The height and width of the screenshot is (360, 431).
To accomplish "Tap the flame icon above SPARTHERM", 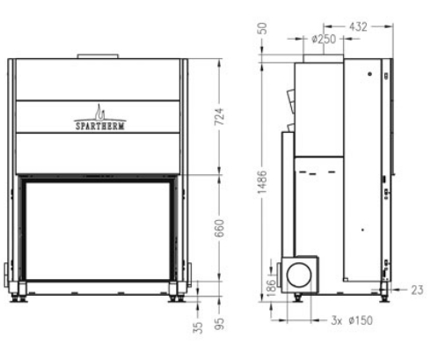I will [100, 112].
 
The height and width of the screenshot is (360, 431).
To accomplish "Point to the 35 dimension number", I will [199, 327].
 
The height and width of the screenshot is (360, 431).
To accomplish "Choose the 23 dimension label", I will [415, 288].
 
